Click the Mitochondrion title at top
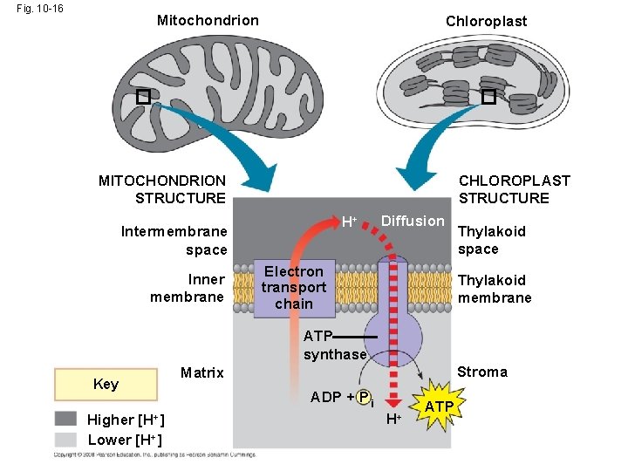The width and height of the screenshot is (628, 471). (208, 20)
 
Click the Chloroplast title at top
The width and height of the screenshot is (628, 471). (486, 21)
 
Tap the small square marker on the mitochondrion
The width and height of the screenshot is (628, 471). (143, 98)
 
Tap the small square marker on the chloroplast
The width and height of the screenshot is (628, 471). (488, 97)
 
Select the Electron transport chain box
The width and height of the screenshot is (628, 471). (294, 288)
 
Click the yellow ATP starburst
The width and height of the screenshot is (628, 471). (439, 407)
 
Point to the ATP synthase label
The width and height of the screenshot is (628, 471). (334, 345)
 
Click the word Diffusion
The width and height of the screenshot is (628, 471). (413, 221)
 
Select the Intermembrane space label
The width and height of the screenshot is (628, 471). (174, 241)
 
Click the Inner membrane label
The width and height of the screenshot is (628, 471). (188, 288)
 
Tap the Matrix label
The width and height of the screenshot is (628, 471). (201, 373)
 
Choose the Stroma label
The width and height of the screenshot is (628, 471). (482, 372)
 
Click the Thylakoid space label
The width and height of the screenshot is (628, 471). (492, 240)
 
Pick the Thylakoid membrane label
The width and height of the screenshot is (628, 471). (494, 289)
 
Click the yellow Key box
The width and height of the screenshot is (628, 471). (106, 385)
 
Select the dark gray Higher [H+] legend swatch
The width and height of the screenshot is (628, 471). (66, 420)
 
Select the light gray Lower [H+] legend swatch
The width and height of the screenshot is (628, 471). (66, 440)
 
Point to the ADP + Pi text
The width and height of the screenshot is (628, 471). (342, 398)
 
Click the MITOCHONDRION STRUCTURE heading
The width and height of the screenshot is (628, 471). (162, 189)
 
